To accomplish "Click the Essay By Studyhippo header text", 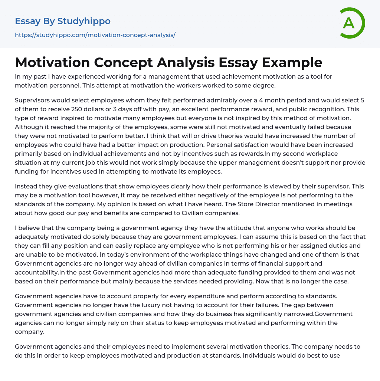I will (x=63, y=21).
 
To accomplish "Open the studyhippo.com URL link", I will (x=95, y=35).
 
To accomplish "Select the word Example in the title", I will (x=293, y=62).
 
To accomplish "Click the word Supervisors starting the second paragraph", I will (x=34, y=100).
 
